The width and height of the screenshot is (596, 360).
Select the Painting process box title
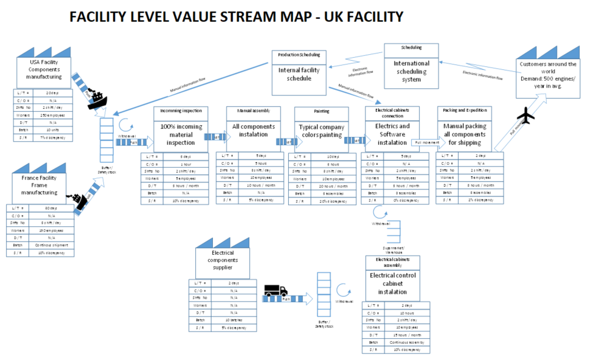(x=321, y=112)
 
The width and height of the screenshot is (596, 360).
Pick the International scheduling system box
(x=411, y=72)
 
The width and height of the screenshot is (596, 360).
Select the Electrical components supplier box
(x=222, y=261)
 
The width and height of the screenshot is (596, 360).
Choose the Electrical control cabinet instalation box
(x=392, y=283)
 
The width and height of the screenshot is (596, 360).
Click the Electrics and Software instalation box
(x=392, y=135)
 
